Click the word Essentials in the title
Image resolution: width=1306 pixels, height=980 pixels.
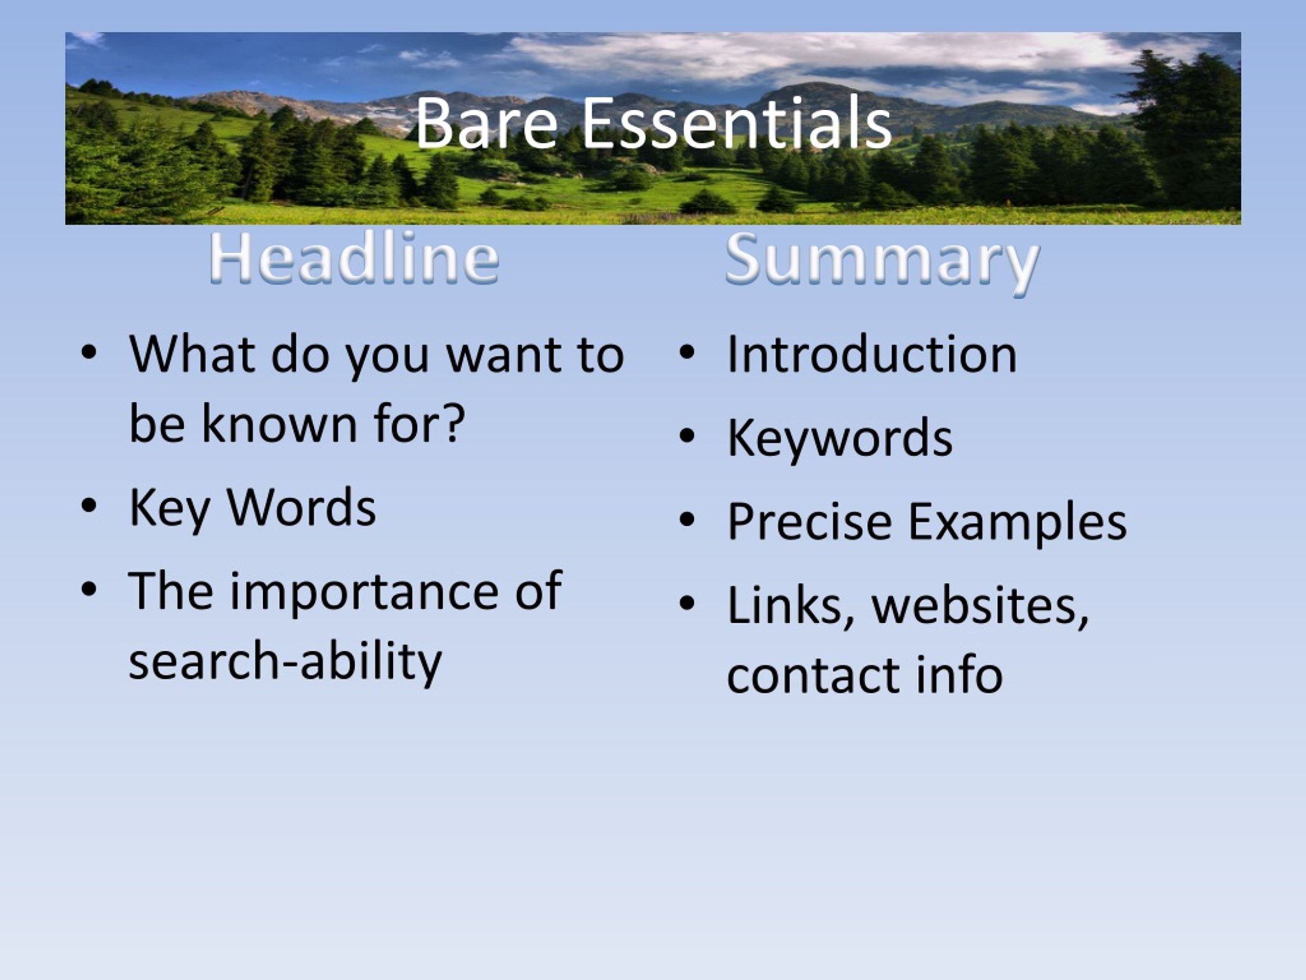point(736,122)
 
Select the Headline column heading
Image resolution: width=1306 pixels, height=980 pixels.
point(354,258)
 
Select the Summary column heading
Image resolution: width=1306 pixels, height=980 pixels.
point(882,262)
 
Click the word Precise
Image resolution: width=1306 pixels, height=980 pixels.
point(810,521)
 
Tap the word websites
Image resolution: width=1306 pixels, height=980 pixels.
point(980,607)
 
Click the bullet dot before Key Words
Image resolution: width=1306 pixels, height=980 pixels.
point(89,507)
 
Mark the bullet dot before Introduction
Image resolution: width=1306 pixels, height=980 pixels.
point(686,353)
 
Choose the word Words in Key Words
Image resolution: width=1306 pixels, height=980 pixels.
point(301,506)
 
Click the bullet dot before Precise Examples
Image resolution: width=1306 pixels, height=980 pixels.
point(686,520)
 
